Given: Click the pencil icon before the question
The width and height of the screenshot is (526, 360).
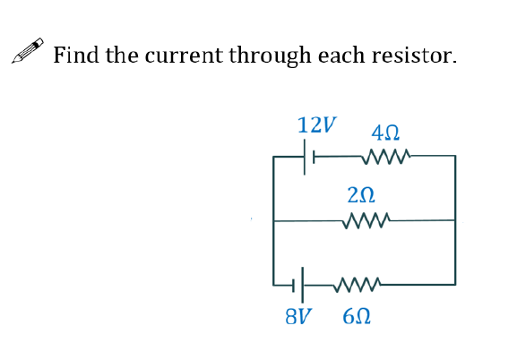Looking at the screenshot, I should click(x=27, y=56).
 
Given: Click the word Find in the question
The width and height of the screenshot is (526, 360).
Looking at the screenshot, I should click(x=76, y=56).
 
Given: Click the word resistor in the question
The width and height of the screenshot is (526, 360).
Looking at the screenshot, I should click(x=418, y=56).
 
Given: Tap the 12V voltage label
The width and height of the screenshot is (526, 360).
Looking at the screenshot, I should click(x=317, y=124).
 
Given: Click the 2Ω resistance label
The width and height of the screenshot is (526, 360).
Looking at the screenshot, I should click(x=360, y=193).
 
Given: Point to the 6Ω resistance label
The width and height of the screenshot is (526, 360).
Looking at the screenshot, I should click(x=355, y=316).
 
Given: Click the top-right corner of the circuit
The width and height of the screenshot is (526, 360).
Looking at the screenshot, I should click(x=455, y=157).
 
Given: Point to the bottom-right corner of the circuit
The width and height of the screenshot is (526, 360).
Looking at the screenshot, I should click(x=455, y=285).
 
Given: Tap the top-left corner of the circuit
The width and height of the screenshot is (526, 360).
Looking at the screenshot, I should click(x=274, y=157).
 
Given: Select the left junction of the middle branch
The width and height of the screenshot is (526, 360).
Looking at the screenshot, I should click(x=274, y=219).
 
